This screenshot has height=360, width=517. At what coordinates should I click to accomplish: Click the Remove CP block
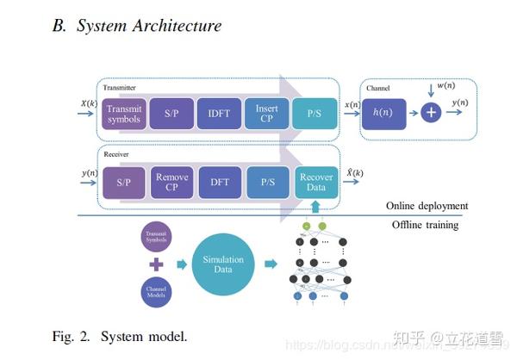pos(172,183)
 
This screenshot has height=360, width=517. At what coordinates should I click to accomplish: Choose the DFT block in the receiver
pos(220,183)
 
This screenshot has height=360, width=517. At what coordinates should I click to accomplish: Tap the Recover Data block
pos(315,183)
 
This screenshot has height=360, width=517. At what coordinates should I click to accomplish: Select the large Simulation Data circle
pos(223,264)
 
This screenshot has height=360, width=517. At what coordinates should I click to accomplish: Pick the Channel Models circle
pos(158,291)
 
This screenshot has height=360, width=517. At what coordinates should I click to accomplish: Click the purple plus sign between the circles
pos(158,265)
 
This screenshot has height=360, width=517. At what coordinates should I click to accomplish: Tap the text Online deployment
pos(427,206)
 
